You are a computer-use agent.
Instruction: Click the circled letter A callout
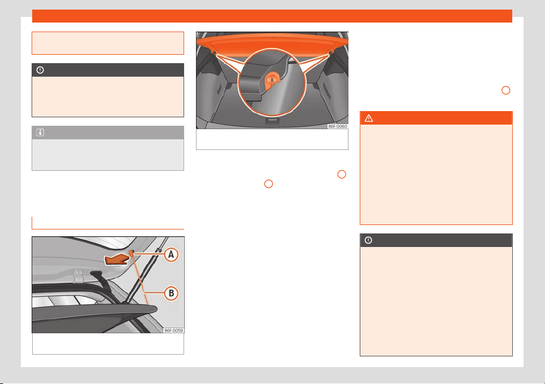click(171, 255)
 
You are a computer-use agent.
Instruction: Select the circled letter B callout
click(171, 293)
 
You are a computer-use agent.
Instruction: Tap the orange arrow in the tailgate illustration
click(117, 259)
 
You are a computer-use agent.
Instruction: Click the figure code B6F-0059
click(173, 330)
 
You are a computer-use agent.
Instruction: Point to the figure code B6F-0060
click(338, 126)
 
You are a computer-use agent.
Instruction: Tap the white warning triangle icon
click(369, 118)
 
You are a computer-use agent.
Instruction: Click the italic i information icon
click(40, 133)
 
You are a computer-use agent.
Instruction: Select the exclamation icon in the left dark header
click(40, 70)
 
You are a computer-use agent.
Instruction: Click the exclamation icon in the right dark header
click(368, 240)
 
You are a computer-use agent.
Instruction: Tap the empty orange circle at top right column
click(505, 90)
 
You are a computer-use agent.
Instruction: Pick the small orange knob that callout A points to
click(132, 253)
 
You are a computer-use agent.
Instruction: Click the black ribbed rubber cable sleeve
click(102, 280)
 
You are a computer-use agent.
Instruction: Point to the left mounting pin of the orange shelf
click(214, 52)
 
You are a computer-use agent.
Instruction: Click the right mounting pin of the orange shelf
click(330, 52)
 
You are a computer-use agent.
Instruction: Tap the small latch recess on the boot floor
click(272, 121)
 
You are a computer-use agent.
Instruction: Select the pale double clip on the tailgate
click(79, 276)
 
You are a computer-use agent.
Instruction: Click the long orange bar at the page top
click(272, 16)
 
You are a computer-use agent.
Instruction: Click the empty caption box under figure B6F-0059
click(108, 344)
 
